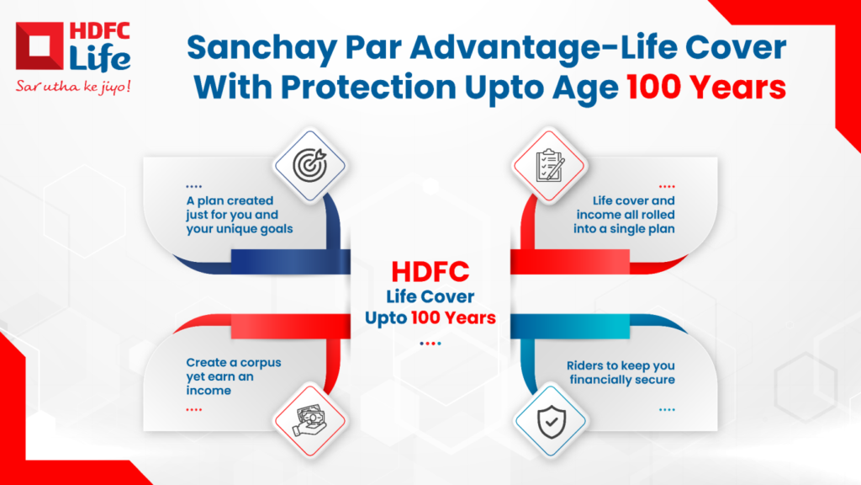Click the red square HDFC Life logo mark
40,46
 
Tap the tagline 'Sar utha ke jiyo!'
73,87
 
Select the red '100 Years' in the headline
706,88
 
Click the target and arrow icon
309,166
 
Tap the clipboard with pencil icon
550,165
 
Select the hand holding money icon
310,420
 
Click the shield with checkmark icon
552,422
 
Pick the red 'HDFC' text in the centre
430,272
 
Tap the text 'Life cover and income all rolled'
626,208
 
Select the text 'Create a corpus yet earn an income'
234,376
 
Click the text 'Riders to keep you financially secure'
621,373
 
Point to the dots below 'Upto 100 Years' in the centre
430,344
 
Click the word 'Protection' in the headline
369,88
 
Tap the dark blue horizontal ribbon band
290,262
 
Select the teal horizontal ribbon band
570,327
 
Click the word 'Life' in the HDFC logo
100,57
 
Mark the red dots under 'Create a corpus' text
194,410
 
